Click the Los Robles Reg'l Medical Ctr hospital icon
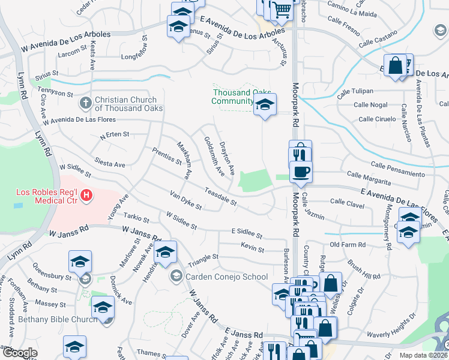coord(87,195)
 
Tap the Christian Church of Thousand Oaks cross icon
coord(85,103)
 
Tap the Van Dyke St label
coord(185,201)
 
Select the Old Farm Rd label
coord(348,245)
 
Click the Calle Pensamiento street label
coord(397,169)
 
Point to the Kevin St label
coord(252,248)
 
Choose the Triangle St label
coord(202,259)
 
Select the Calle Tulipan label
coord(355,92)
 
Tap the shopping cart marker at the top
coord(281,9)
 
